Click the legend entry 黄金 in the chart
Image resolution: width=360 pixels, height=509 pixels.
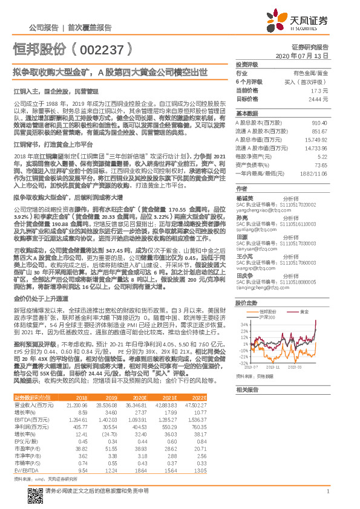coord(304,311)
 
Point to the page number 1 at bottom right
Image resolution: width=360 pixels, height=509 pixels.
coord(327,491)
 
